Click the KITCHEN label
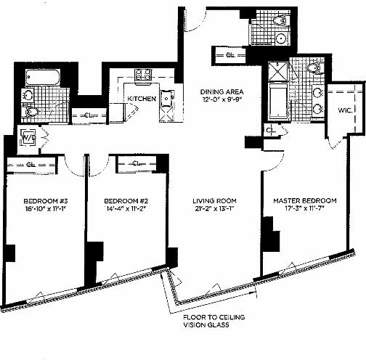click(x=142, y=98)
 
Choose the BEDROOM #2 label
click(x=122, y=200)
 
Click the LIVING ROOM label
click(x=214, y=200)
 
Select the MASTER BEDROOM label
click(x=305, y=200)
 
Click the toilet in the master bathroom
click(x=312, y=69)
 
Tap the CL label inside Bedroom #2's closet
click(x=137, y=163)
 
